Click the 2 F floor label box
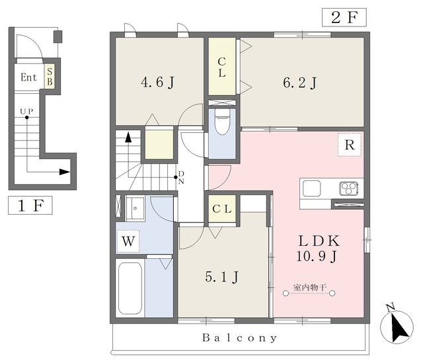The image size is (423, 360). click(x=344, y=18)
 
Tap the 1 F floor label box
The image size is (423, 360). click(x=30, y=205)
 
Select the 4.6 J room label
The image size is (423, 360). click(x=157, y=82)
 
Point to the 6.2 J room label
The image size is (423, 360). click(x=299, y=82)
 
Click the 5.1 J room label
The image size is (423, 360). click(x=222, y=277)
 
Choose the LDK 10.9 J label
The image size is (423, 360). click(x=318, y=248)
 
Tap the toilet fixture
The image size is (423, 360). click(x=222, y=122)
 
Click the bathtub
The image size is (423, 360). click(x=130, y=288)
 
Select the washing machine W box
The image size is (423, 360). click(x=128, y=241)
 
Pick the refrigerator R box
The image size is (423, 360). click(x=350, y=145)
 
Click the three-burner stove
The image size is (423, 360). click(x=349, y=188)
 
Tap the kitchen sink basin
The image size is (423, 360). click(x=311, y=188)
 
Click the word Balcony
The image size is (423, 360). click(x=239, y=338)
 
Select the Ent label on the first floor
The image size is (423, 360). click(x=28, y=77)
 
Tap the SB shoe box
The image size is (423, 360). click(x=50, y=77)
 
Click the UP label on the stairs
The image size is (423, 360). click(x=26, y=111)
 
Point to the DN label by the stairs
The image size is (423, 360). click(x=181, y=178)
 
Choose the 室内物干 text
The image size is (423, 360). click(x=310, y=287)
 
